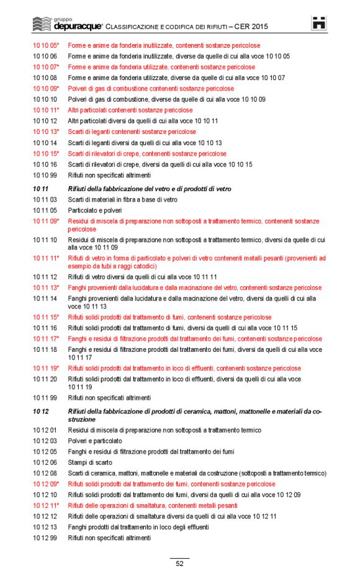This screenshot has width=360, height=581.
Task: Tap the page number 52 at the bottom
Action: tap(179, 564)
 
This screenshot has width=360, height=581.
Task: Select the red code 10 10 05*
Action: tap(46, 45)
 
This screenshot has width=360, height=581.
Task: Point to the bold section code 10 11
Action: tap(40, 188)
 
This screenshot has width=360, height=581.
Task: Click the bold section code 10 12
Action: tap(40, 412)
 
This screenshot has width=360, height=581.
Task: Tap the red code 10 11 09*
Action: tap(46, 221)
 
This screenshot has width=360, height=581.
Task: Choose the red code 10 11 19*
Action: tap(46, 368)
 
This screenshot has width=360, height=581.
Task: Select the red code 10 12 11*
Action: tap(46, 505)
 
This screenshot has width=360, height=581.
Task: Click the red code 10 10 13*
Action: tap(46, 132)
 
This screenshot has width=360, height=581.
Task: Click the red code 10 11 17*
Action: tap(46, 339)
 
